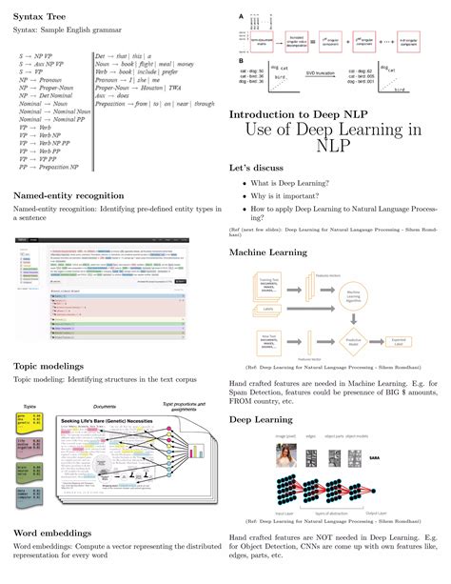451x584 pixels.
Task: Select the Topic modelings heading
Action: pos(49,365)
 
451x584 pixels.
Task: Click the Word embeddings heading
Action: pos(51,533)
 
